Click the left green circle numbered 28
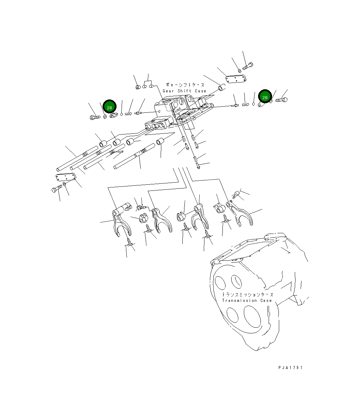click(109, 107)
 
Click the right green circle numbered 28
click(265, 97)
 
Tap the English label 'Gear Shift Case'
click(184, 91)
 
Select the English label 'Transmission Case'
click(247, 300)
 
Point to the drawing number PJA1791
click(290, 367)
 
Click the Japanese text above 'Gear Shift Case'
click(185, 85)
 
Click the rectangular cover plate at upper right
click(236, 79)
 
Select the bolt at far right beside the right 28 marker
click(281, 100)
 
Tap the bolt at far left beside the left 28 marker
click(94, 117)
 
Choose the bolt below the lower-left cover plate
click(56, 189)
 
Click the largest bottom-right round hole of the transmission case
click(251, 315)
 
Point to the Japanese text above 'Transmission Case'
click(247, 294)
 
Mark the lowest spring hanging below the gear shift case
click(196, 159)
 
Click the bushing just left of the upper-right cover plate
click(221, 89)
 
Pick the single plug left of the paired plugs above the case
click(138, 87)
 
